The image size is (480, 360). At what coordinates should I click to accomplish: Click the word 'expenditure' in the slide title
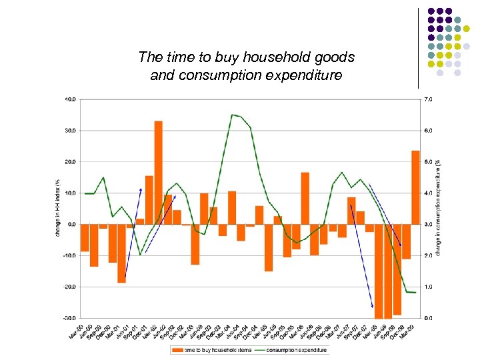click(301, 75)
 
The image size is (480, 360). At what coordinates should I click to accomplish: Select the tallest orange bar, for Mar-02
click(158, 172)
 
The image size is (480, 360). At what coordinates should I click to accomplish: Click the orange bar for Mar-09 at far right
click(415, 187)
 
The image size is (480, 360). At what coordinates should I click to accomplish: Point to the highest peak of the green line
click(232, 115)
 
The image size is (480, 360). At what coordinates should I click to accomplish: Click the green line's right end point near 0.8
click(416, 293)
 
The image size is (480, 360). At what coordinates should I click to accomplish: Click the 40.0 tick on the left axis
click(70, 99)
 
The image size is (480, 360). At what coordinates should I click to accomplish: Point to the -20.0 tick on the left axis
click(69, 287)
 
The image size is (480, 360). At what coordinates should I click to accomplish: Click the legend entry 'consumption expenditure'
click(297, 350)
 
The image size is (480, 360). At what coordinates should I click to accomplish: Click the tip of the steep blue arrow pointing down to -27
click(373, 307)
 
